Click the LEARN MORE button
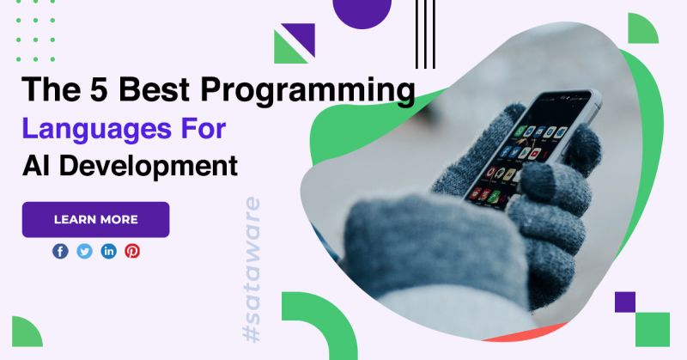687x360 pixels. point(95,219)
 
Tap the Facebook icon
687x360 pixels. point(60,251)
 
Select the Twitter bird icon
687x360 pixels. point(84,251)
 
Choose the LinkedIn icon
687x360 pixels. point(108,251)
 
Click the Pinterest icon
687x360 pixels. point(132,251)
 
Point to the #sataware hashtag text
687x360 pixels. point(252,271)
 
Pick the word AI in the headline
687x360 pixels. point(38,164)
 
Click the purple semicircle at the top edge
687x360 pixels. point(362,12)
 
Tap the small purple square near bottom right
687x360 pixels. point(624,302)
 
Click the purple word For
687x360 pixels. point(203,129)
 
